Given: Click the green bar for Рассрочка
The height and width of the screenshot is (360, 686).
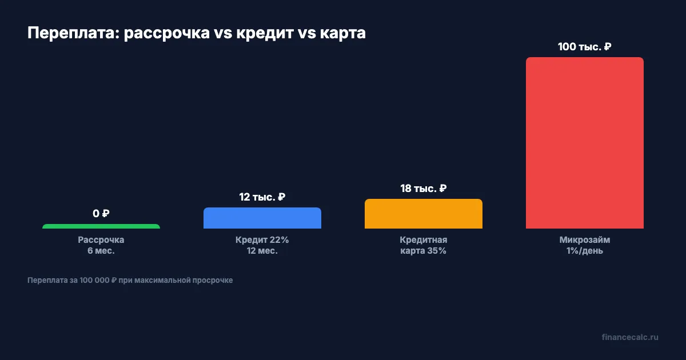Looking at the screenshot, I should pyautogui.click(x=101, y=226).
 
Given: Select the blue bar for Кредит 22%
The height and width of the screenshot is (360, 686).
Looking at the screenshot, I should pyautogui.click(x=262, y=218).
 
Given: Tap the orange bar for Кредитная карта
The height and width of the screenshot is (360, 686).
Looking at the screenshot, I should pyautogui.click(x=424, y=214).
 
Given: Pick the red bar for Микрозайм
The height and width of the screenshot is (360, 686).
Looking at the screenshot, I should pyautogui.click(x=585, y=143).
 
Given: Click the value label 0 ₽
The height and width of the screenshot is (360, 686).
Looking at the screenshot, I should pyautogui.click(x=101, y=214).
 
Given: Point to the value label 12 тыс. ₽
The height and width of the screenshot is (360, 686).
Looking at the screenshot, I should pyautogui.click(x=262, y=197).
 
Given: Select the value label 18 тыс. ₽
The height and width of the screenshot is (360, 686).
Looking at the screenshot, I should pyautogui.click(x=424, y=189).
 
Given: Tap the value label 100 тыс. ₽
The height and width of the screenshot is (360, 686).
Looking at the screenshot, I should pyautogui.click(x=585, y=47).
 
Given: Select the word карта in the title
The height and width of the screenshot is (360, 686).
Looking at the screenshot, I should pyautogui.click(x=343, y=34).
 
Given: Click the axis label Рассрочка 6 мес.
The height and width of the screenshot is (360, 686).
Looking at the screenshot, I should pyautogui.click(x=101, y=245).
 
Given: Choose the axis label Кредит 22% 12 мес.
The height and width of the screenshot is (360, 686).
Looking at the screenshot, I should pyautogui.click(x=262, y=245).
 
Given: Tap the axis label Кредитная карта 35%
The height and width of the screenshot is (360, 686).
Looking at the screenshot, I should pyautogui.click(x=424, y=245).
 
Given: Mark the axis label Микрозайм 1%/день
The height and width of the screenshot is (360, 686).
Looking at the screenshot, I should pyautogui.click(x=585, y=245).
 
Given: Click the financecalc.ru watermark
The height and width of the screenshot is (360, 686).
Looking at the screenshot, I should pyautogui.click(x=630, y=337).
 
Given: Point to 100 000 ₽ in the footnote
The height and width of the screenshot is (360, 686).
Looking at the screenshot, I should pyautogui.click(x=98, y=281).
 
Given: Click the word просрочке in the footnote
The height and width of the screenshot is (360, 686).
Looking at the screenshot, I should pyautogui.click(x=214, y=281).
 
